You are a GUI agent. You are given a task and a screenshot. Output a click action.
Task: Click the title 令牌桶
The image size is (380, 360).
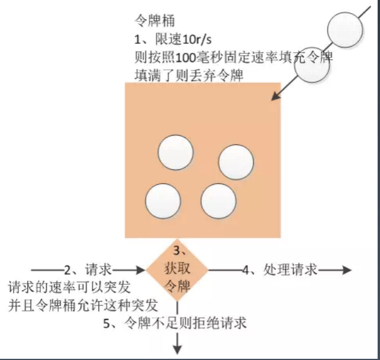pos(154,21)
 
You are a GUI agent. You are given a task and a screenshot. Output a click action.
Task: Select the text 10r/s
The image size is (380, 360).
pos(197,39)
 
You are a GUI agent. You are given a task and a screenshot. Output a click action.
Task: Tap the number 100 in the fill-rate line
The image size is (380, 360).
pos(185,57)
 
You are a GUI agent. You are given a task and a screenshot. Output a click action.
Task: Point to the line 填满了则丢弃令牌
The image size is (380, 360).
pos(189,75)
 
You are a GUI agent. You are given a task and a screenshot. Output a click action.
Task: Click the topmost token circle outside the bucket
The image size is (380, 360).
pos(345,30)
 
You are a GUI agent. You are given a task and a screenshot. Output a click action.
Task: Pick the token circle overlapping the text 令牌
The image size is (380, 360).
pos(312,65)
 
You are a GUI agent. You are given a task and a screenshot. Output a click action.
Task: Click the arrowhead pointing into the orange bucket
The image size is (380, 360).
pos(275,97)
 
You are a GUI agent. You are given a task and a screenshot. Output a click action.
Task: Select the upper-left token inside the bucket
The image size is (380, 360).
pos(175,152)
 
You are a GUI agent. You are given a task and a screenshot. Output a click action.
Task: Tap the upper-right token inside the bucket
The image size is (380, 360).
pos(236,162)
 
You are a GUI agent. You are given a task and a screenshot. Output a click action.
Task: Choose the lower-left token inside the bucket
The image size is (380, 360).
pos(163,201)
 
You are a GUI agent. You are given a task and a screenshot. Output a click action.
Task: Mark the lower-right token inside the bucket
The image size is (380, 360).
pos(218,201)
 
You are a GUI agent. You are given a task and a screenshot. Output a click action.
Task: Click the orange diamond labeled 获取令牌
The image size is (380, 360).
pos(177,269)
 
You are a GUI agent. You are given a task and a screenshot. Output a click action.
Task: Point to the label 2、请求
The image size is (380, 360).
pos(88,269)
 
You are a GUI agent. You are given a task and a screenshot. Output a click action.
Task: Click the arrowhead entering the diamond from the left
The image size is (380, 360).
pos(140,270)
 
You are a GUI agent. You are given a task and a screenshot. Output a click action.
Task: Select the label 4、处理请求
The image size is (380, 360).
pos(280,269)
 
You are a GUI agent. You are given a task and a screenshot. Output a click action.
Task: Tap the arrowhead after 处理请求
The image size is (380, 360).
pos(347,270)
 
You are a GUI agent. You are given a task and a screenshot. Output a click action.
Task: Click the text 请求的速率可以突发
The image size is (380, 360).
pos(69,287)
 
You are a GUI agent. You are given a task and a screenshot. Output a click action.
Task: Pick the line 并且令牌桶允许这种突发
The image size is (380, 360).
pos(83,305)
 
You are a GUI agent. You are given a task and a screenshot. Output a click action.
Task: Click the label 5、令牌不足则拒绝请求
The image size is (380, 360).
pos(175,323)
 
